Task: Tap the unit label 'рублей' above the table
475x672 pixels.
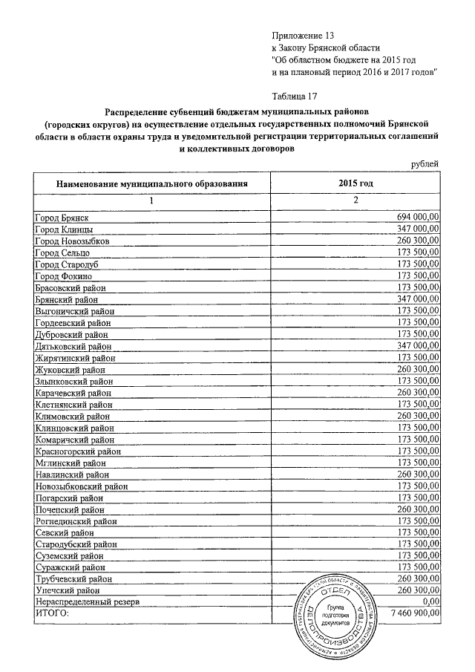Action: click(426, 164)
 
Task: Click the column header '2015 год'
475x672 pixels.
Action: click(355, 183)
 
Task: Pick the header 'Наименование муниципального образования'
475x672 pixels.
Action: click(151, 183)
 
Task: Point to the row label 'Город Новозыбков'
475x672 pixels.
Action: click(73, 241)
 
